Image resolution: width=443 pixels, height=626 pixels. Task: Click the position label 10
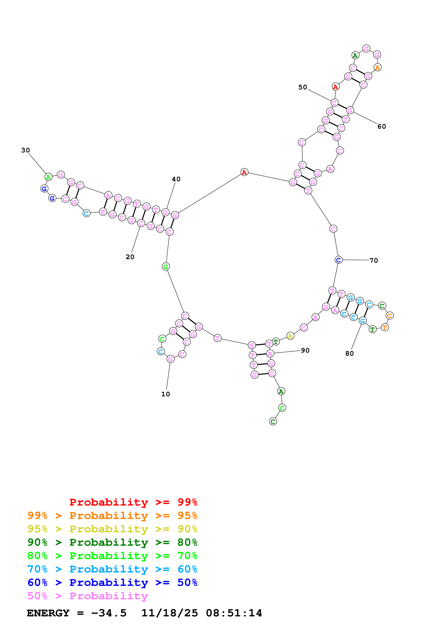165,394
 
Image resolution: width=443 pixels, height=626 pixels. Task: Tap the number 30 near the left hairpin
25,150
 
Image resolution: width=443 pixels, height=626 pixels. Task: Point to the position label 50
302,87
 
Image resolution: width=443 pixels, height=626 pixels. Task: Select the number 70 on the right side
373,260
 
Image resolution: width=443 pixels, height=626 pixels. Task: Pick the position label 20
130,257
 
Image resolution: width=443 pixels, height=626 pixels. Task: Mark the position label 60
382,127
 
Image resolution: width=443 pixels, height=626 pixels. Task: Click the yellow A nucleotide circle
290,336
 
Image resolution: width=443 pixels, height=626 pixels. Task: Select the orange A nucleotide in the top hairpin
377,67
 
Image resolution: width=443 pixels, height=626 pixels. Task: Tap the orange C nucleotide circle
390,316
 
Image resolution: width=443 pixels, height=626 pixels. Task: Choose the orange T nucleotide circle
385,327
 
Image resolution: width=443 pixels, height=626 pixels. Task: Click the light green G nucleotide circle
166,266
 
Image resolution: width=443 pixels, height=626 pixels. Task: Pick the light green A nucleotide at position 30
48,177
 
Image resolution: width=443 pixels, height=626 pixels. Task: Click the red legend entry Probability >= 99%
133,502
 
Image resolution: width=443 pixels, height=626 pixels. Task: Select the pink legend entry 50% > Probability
87,596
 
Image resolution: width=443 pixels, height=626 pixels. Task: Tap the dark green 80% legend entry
112,542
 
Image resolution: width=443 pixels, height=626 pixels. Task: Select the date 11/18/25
170,613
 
